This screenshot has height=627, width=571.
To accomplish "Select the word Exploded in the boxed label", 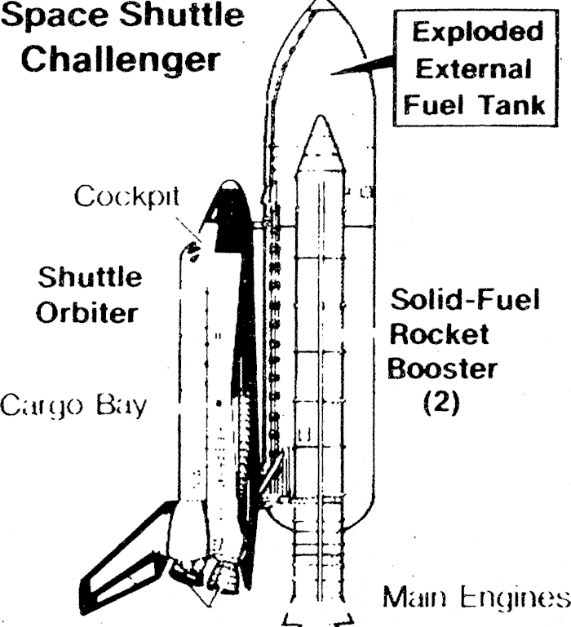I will click(x=476, y=33).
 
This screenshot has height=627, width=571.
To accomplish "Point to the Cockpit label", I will click(x=126, y=198).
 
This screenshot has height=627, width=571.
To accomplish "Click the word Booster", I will click(x=441, y=369).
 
